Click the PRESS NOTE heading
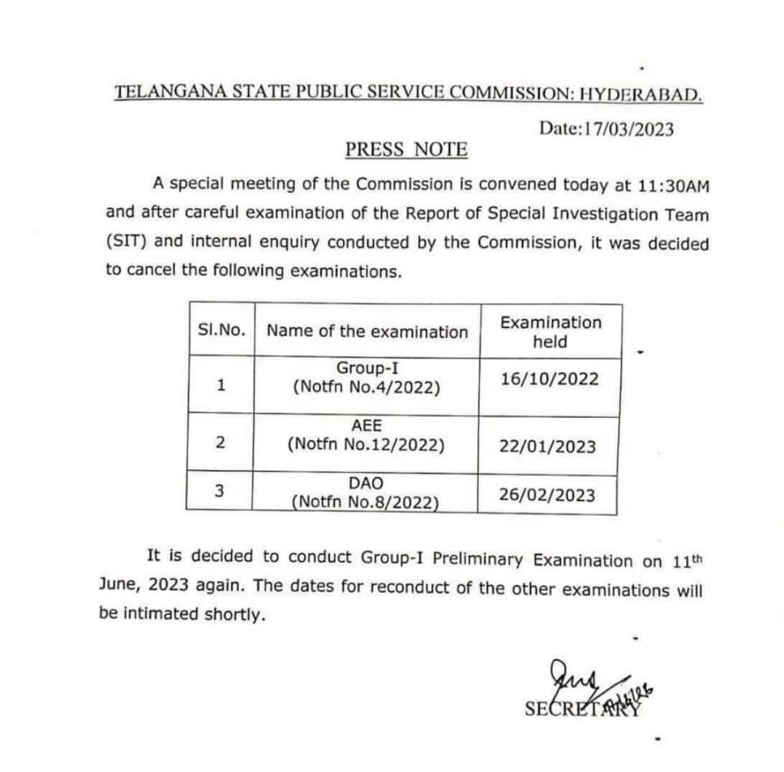pyautogui.click(x=406, y=149)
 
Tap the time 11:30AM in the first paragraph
pyautogui.click(x=671, y=185)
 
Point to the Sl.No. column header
pyautogui.click(x=221, y=331)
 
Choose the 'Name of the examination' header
pyautogui.click(x=367, y=332)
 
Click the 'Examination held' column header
pyautogui.click(x=550, y=332)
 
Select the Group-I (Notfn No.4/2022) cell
pyautogui.click(x=367, y=378)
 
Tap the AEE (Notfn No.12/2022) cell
pyautogui.click(x=367, y=435)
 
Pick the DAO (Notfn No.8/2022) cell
pyautogui.click(x=365, y=492)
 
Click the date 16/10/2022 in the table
pyautogui.click(x=549, y=379)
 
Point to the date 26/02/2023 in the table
pyautogui.click(x=547, y=495)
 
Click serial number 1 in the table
pyautogui.click(x=220, y=385)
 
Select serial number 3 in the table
pyautogui.click(x=219, y=492)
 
